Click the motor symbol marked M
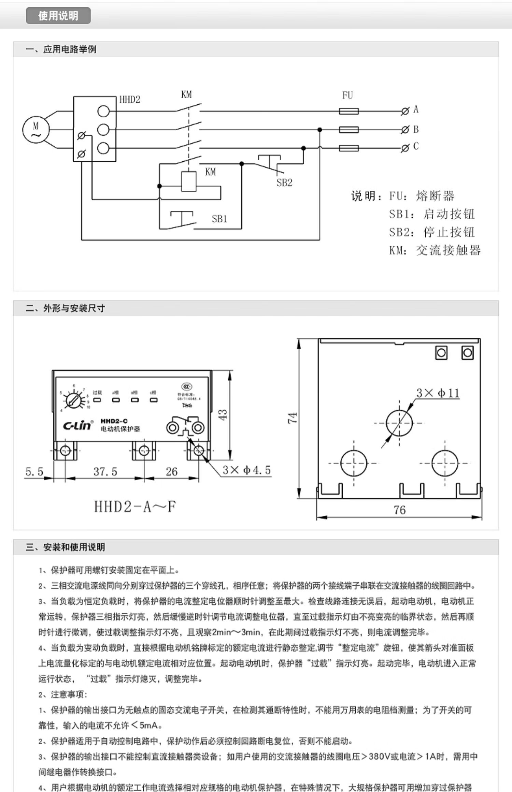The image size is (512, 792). [x=36, y=130]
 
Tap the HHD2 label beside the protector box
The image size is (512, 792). [x=130, y=100]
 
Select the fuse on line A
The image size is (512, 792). [x=349, y=111]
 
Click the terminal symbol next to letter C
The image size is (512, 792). [x=405, y=148]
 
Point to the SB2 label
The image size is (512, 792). [x=284, y=183]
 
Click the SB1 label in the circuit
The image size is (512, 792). [x=219, y=219]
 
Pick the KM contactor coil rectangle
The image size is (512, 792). [x=189, y=181]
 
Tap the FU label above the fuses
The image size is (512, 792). [x=347, y=96]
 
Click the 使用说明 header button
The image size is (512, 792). [x=58, y=16]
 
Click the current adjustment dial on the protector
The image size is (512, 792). [x=74, y=399]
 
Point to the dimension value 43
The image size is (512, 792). [x=222, y=414]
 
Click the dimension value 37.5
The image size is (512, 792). [x=105, y=472]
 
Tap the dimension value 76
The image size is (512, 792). [x=399, y=510]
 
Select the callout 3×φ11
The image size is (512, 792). [x=438, y=393]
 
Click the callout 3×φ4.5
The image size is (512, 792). [x=246, y=470]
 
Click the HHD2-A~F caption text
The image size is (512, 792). [x=135, y=507]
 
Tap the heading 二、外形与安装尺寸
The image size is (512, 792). [x=65, y=308]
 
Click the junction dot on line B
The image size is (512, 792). [x=319, y=130]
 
